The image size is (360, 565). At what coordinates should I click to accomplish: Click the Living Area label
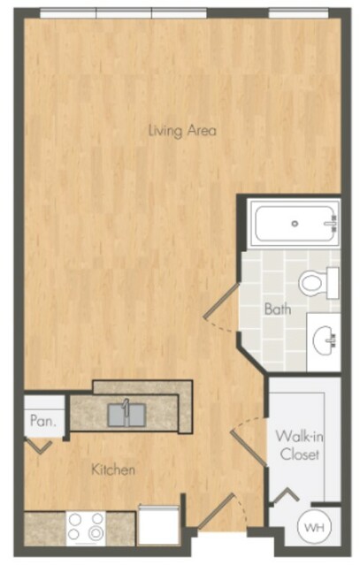click(x=182, y=131)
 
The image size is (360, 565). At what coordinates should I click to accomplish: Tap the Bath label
click(x=278, y=309)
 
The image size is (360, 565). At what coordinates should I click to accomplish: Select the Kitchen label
click(x=113, y=470)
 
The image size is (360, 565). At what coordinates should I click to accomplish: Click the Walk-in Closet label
click(x=300, y=445)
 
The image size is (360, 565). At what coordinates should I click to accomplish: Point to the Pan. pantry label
click(x=42, y=421)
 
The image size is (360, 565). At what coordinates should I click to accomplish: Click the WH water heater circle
click(x=314, y=528)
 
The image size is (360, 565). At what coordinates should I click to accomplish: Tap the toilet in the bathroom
click(x=318, y=283)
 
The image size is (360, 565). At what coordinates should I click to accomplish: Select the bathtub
click(x=295, y=224)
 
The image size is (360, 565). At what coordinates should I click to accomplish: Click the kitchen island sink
click(x=126, y=415)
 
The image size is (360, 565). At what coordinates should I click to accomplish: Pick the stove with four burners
click(x=86, y=528)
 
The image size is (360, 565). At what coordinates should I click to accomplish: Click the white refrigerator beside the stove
click(x=158, y=526)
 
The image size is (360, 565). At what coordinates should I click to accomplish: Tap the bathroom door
click(x=220, y=302)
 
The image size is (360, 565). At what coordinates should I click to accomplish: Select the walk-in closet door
click(x=249, y=449)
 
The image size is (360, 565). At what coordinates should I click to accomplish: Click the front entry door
click(x=216, y=512)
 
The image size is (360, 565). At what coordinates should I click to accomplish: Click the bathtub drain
click(x=295, y=224)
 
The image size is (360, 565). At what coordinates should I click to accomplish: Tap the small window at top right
click(x=299, y=13)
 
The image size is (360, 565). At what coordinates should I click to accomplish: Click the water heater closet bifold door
click(x=286, y=495)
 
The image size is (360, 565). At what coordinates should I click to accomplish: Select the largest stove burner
click(x=96, y=533)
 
